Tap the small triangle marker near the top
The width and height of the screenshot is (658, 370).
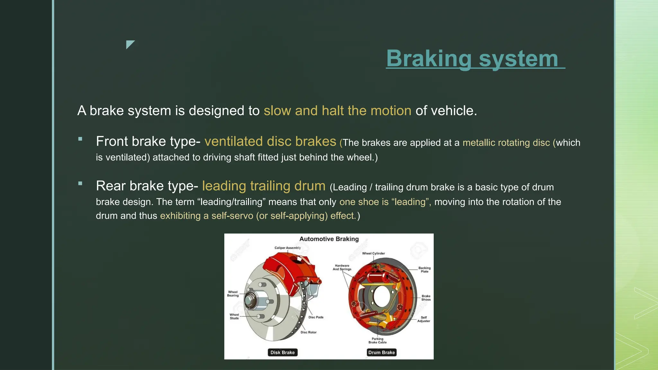pos(129,44)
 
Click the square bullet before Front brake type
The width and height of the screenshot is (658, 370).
pos(80,139)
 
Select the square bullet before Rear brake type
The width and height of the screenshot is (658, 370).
pos(80,184)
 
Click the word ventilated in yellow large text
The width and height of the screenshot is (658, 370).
pos(234,142)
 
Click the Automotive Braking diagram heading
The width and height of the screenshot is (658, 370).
pos(329,239)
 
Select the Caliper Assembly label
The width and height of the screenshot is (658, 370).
pos(288,248)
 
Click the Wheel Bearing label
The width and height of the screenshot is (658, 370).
pos(233,294)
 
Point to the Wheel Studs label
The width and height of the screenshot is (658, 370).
pos(234,317)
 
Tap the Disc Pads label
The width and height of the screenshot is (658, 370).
pos(316,317)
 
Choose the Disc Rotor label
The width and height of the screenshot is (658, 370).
pos(308,332)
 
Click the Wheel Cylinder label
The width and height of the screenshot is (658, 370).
pos(373,253)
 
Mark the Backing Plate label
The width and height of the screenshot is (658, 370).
pos(424,270)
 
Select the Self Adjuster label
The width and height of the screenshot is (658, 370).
pos(424,319)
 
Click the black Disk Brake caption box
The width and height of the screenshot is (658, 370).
pos(282,352)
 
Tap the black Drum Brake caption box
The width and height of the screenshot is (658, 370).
pos(381,352)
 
